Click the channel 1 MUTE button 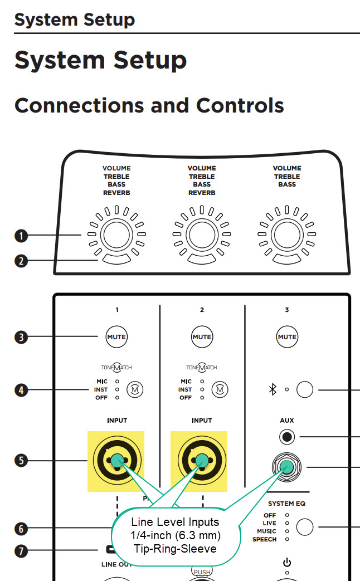coord(116,336)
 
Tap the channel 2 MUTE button coord(202,336)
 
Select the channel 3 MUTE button coord(287,336)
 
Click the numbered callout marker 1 coord(21,236)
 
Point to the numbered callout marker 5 coord(21,461)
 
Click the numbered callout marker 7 coord(21,551)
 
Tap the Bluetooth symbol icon coord(273,390)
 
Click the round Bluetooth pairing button coord(305,390)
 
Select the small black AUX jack coord(287,437)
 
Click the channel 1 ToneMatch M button coord(134,389)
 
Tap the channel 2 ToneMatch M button coord(220,389)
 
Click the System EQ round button coord(305,527)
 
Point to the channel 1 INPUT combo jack coord(116,461)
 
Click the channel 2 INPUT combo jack coord(202,461)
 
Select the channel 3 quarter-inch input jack coord(287,467)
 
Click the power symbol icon coord(287,563)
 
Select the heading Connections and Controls coord(149,105)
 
